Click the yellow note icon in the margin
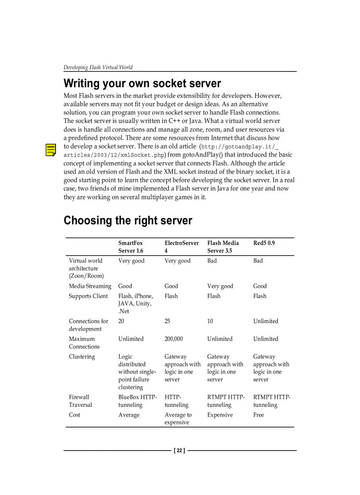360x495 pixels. tap(51, 150)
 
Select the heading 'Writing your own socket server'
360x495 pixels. tap(142, 83)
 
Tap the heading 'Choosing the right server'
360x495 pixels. tap(127, 220)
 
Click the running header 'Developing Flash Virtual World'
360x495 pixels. tap(98, 67)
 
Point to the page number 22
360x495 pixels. tap(179, 450)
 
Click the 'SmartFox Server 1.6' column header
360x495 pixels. tap(131, 247)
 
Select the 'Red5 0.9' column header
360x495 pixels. tap(264, 243)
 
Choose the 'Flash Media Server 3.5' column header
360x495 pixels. tap(223, 247)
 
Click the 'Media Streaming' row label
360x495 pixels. tap(90, 286)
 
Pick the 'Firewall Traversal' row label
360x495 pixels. tap(80, 401)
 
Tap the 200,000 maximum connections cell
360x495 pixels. tap(173, 339)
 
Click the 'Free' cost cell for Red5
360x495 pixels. tap(259, 415)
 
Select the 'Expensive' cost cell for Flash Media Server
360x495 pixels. tap(220, 415)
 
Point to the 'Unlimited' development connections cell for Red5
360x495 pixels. tap(266, 321)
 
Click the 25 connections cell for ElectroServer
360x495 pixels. tap(167, 321)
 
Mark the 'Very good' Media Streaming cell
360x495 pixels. tap(220, 286)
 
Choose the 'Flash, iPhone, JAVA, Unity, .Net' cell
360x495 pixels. tap(135, 304)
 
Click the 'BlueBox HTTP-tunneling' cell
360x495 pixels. tap(137, 401)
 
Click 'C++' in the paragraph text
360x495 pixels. tap(169, 121)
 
